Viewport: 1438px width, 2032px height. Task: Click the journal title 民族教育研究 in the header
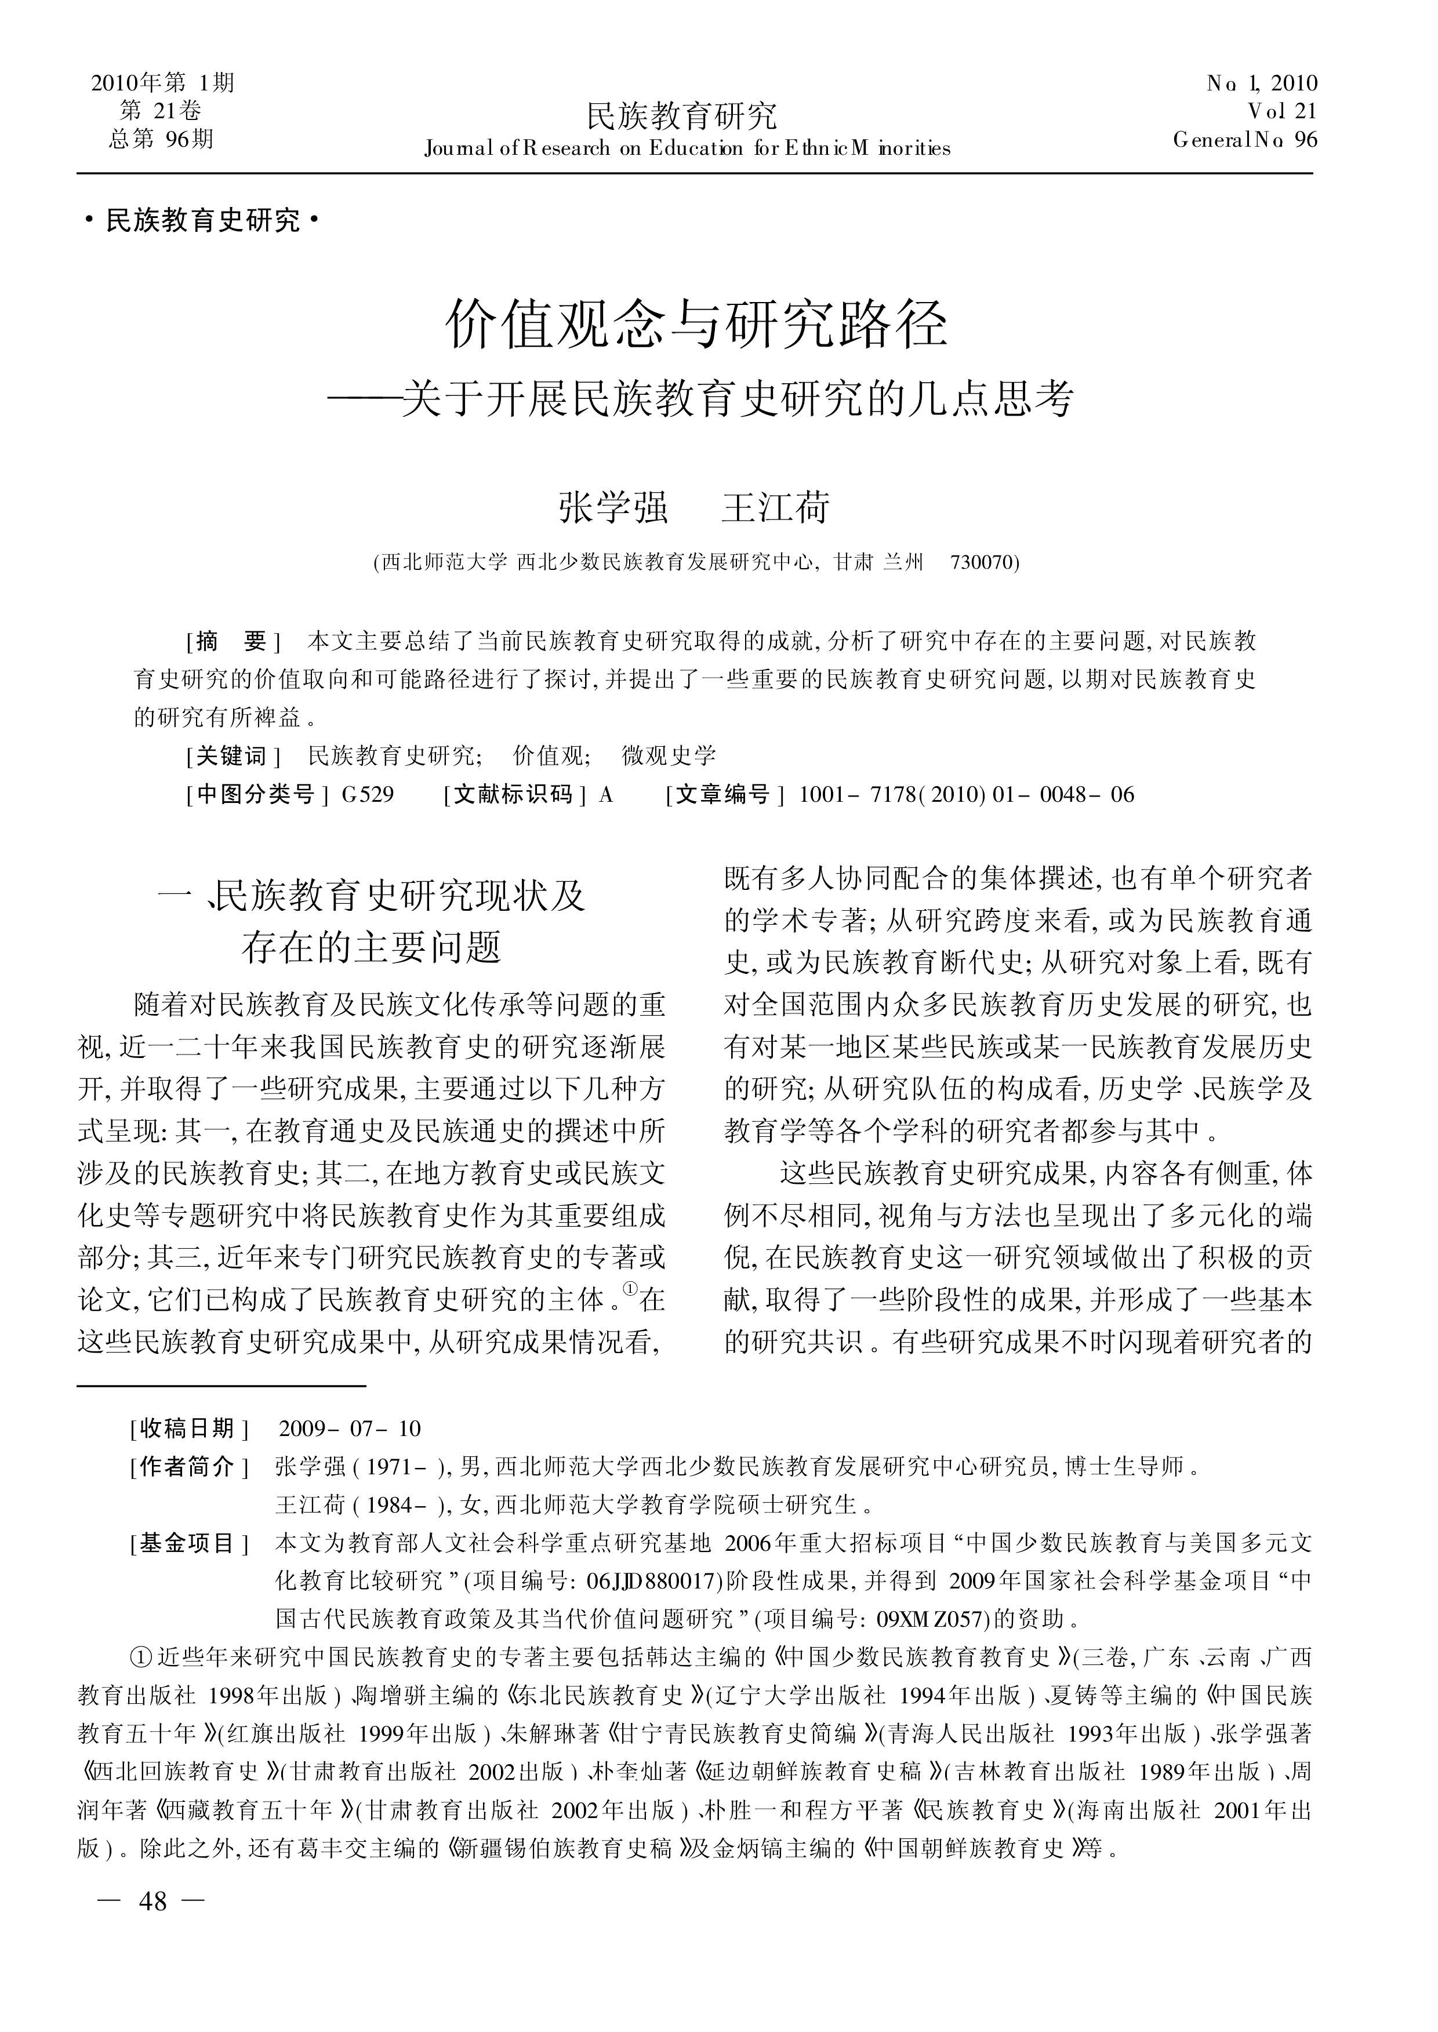coord(682,115)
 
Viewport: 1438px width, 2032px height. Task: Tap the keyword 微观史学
coord(669,755)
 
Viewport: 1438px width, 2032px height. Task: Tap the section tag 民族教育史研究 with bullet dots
coord(203,220)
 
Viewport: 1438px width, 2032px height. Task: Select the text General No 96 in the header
coord(1245,140)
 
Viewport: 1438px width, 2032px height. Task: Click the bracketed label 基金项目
coord(188,1543)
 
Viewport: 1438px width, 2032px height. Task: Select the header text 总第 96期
coord(161,139)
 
